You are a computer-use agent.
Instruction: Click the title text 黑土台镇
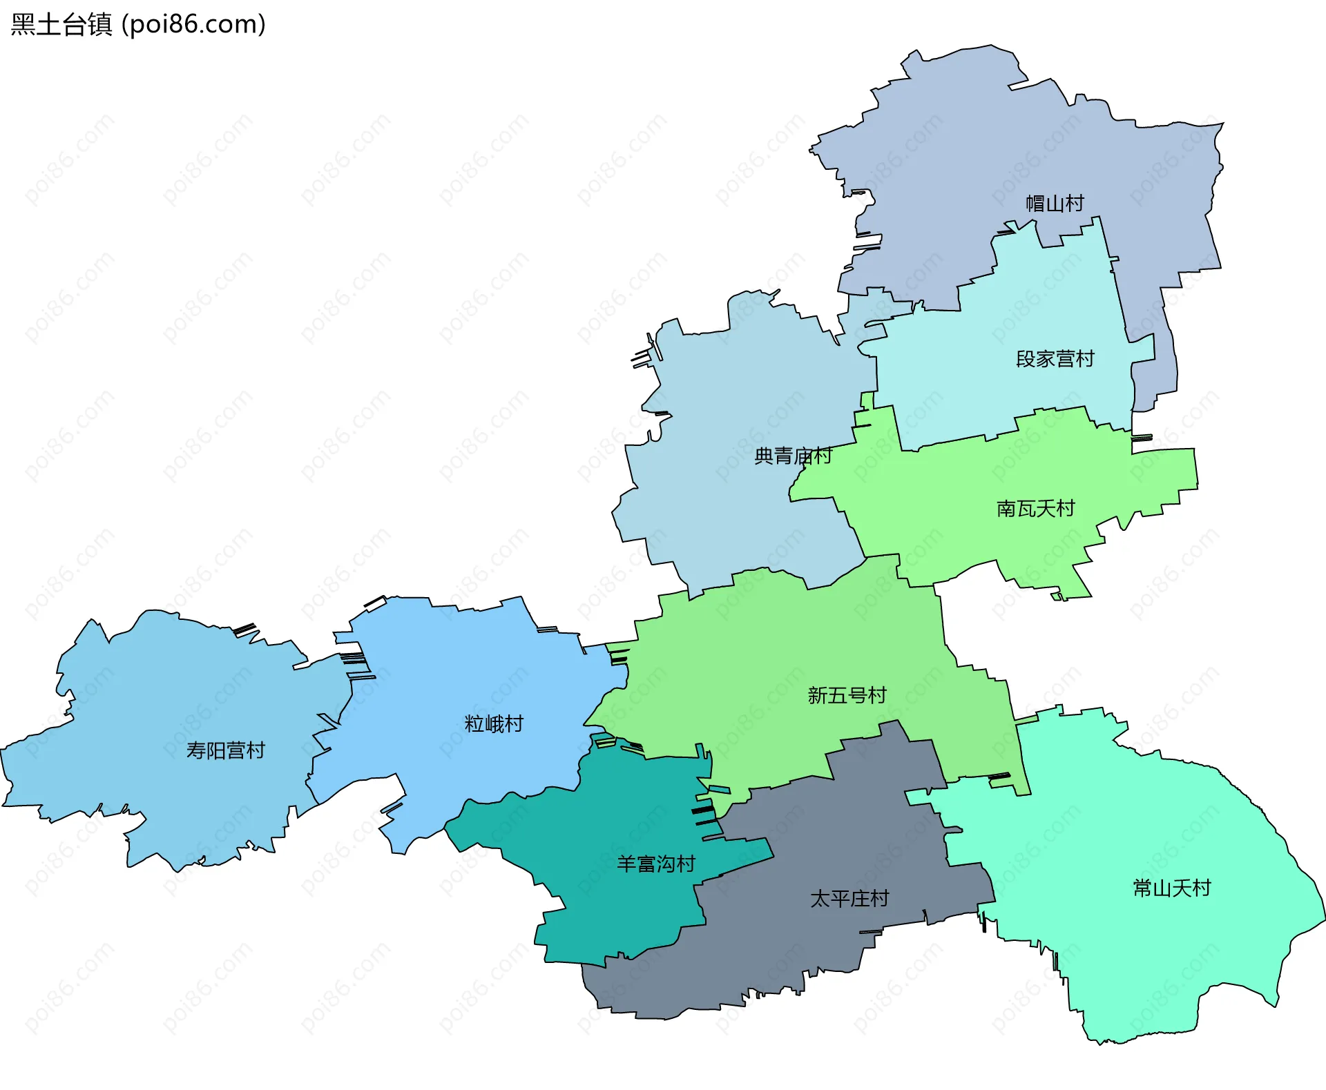[x=61, y=25]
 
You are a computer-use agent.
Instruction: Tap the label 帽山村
[x=1055, y=204]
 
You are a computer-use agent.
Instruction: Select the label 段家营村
[x=1055, y=359]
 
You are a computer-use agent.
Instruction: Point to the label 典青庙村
[x=793, y=456]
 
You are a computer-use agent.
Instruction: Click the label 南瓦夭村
[x=1035, y=509]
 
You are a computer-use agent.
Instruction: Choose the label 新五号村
[x=847, y=695]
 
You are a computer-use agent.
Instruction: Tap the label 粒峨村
[x=494, y=724]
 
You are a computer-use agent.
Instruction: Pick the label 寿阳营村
[x=225, y=750]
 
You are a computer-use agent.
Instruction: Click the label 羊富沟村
[x=655, y=864]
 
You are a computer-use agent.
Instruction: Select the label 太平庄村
[x=849, y=899]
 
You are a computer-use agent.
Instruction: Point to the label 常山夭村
[x=1171, y=888]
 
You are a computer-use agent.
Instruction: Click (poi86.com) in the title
[x=193, y=25]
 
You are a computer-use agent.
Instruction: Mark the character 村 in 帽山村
[x=1075, y=204]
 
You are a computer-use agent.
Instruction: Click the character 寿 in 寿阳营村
[x=196, y=750]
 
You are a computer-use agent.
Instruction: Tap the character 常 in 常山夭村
[x=1142, y=888]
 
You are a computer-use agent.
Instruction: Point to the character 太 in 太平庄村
[x=820, y=899]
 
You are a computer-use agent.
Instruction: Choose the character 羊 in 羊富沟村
[x=626, y=864]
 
